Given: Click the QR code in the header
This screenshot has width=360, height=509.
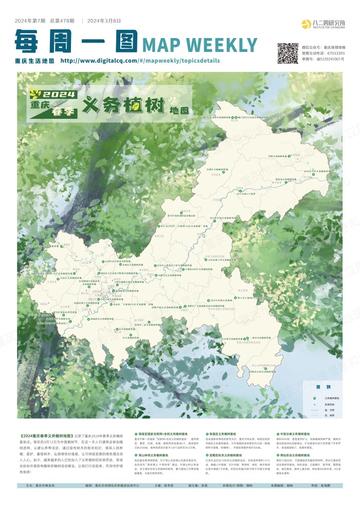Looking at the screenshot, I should click(288, 52).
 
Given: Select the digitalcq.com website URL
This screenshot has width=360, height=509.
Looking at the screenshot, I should click(140, 60).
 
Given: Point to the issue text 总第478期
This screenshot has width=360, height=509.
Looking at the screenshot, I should click(62, 21).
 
